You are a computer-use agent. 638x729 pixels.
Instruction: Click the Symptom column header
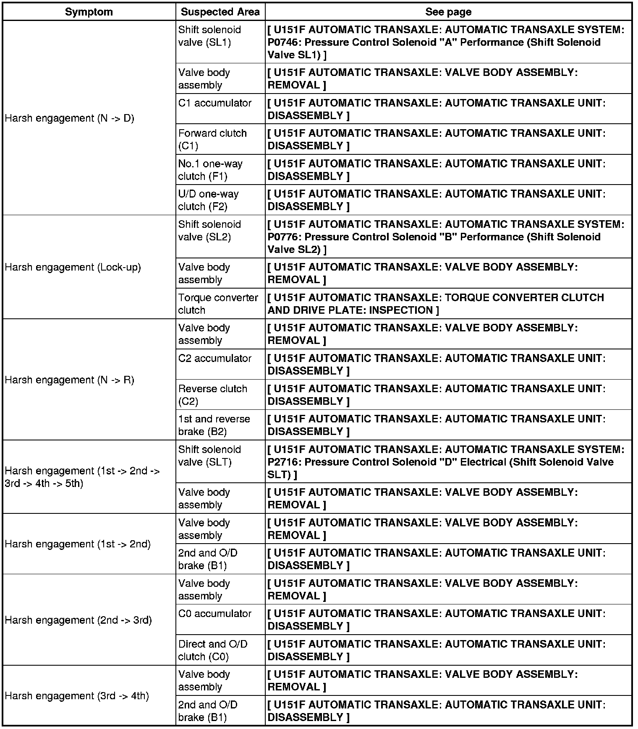pyautogui.click(x=89, y=12)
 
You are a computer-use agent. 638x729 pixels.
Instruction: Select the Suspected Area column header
pyautogui.click(x=220, y=12)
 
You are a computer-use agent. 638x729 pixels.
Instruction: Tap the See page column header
pyautogui.click(x=448, y=12)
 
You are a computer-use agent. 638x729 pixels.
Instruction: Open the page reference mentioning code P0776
pyautogui.click(x=446, y=237)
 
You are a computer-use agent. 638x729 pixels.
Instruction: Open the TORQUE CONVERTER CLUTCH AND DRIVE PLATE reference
pyautogui.click(x=436, y=304)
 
